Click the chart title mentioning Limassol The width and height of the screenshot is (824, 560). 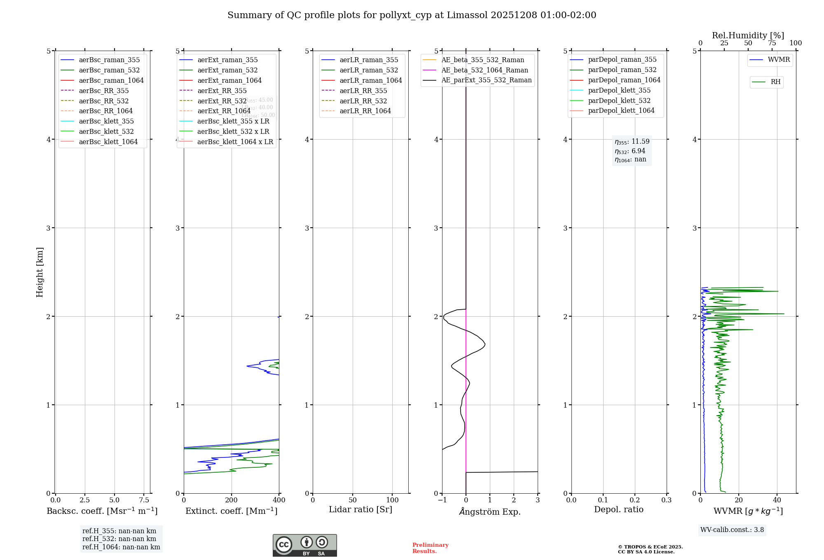[x=412, y=15]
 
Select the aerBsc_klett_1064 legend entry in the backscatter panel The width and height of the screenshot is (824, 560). [x=108, y=142]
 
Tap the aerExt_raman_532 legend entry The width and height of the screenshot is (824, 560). [x=227, y=70]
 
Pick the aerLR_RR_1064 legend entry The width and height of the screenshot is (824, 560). [x=365, y=111]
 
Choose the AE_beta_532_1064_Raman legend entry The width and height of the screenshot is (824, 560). [x=485, y=70]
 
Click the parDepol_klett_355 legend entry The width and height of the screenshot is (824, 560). [x=619, y=90]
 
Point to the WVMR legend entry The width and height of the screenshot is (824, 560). [x=779, y=60]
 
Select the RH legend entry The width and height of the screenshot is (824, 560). [x=775, y=82]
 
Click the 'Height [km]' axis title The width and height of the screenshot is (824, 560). [x=40, y=272]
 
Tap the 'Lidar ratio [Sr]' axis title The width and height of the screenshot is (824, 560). [x=360, y=509]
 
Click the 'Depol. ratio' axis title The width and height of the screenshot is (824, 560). [x=618, y=509]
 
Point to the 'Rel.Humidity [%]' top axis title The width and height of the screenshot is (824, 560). [x=748, y=35]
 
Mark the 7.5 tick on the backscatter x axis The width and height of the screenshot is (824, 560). [x=144, y=500]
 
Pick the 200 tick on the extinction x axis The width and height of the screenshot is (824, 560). [x=232, y=500]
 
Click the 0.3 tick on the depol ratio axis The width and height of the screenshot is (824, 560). [x=666, y=500]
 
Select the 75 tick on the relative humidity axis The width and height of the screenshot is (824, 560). [x=772, y=43]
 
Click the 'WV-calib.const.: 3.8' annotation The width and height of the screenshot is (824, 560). [x=732, y=530]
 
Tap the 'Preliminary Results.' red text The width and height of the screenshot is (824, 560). [x=430, y=548]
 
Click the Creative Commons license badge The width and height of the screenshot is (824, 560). [x=304, y=545]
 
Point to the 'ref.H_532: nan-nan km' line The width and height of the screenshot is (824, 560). [x=119, y=539]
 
